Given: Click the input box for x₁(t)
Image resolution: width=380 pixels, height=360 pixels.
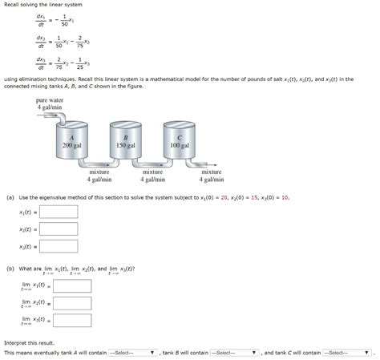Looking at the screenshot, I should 59,212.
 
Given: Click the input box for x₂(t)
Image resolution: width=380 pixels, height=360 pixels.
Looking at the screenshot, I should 59,229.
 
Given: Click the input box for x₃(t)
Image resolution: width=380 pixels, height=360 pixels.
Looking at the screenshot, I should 59,246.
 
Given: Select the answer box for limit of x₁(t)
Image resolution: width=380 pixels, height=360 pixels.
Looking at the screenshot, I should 72,285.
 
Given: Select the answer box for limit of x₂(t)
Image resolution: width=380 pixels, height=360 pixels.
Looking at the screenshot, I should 72,303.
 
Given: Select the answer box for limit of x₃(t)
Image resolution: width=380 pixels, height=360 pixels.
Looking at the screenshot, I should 72,321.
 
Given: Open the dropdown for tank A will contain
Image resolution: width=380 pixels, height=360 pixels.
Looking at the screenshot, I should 132,352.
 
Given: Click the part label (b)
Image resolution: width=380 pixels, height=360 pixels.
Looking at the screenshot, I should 10,269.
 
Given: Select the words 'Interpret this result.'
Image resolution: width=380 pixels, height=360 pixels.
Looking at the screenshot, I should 27,342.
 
